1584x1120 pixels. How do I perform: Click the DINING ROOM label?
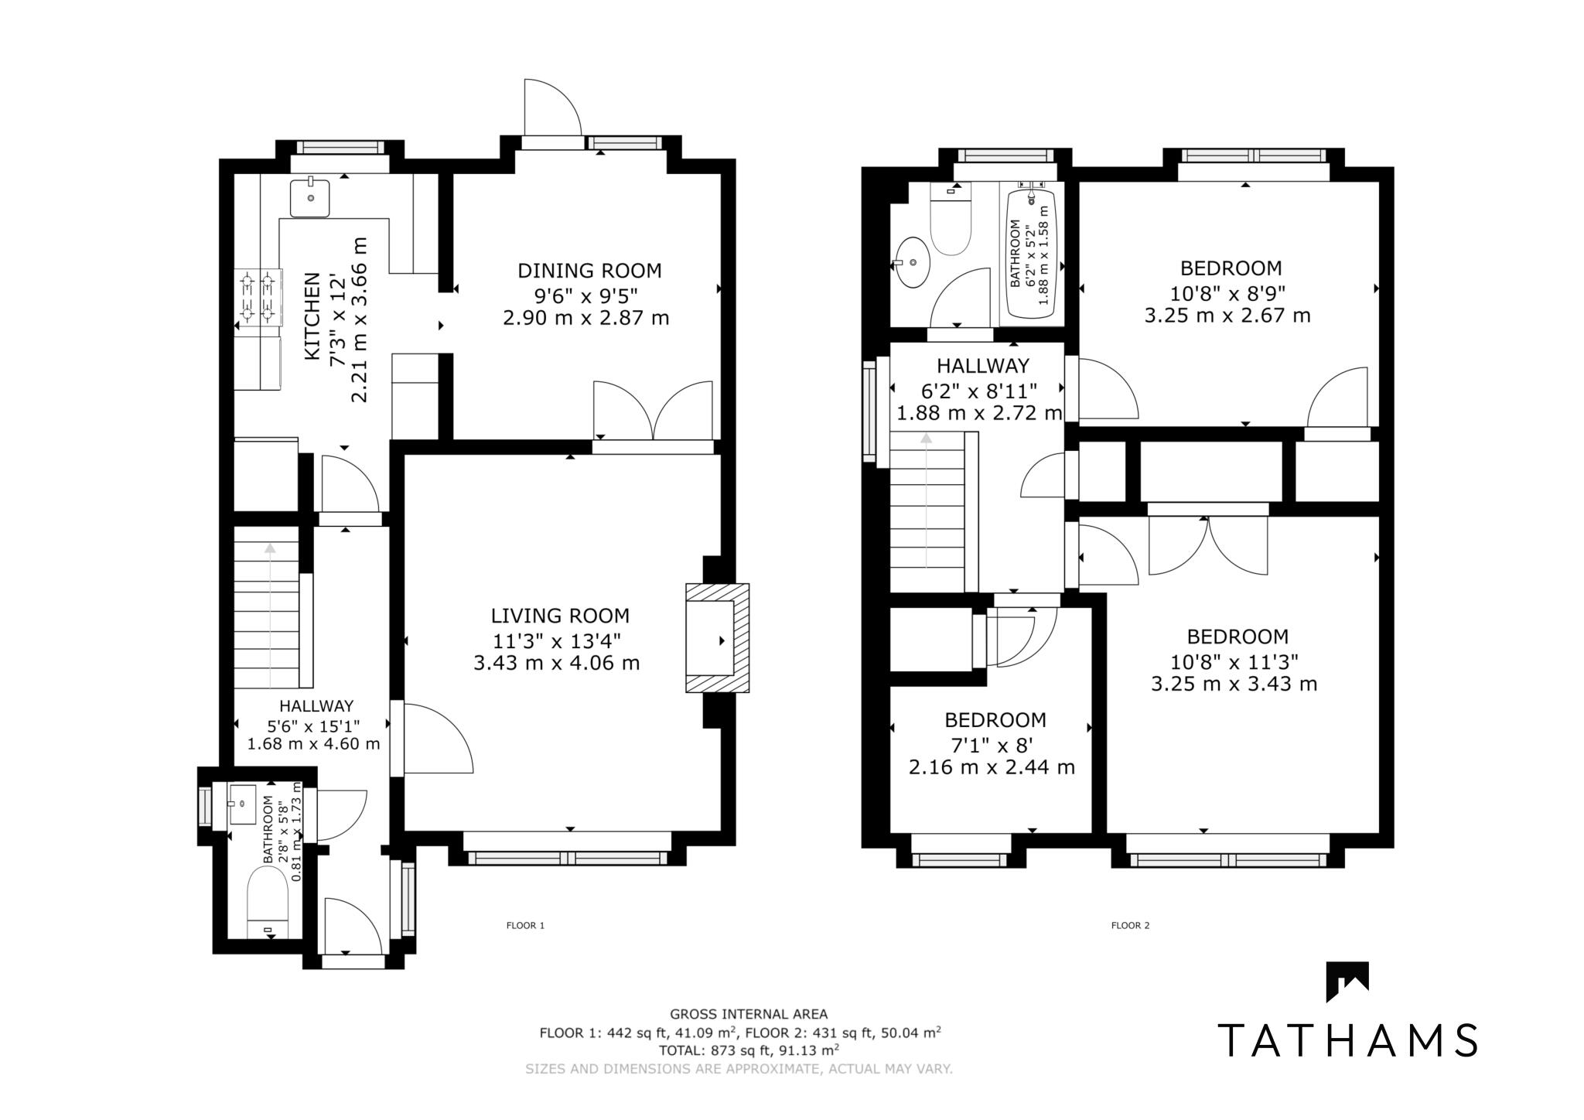(x=589, y=271)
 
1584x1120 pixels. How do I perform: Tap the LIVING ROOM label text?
(x=560, y=616)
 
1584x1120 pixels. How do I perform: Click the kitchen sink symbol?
(x=310, y=198)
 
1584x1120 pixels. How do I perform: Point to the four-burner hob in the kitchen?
(x=258, y=296)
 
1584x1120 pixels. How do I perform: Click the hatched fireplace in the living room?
(x=717, y=638)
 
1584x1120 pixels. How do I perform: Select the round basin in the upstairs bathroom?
(x=913, y=262)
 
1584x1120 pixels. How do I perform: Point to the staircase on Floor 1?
(x=267, y=607)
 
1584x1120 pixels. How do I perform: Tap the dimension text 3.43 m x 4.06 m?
(x=557, y=663)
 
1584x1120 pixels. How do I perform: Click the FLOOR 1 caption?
(x=525, y=925)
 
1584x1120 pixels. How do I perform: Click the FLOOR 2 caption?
(x=1130, y=925)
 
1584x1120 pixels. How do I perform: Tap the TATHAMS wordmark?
(x=1348, y=1040)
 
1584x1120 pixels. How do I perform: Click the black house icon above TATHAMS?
(x=1347, y=981)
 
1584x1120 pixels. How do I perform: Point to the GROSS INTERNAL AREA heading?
(x=748, y=1014)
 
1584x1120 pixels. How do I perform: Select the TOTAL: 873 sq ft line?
(x=748, y=1050)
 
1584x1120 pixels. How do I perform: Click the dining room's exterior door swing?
(x=551, y=108)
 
